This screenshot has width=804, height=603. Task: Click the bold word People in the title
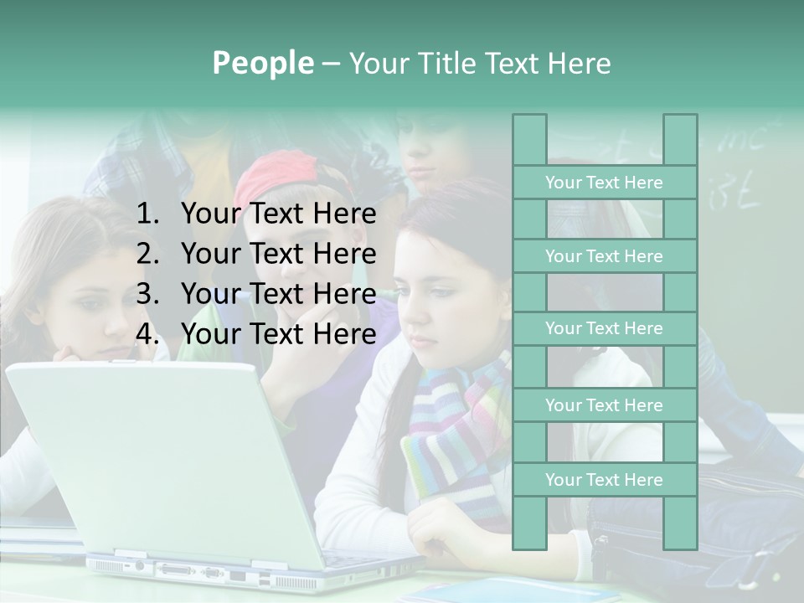click(x=263, y=63)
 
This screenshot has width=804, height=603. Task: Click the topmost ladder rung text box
click(x=604, y=183)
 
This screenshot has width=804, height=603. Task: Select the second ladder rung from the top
click(x=604, y=256)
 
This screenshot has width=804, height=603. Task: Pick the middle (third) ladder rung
click(x=604, y=328)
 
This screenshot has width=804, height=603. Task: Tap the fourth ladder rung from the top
click(x=604, y=405)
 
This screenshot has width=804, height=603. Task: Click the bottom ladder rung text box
click(x=604, y=480)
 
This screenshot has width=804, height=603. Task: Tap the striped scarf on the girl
click(x=456, y=435)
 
